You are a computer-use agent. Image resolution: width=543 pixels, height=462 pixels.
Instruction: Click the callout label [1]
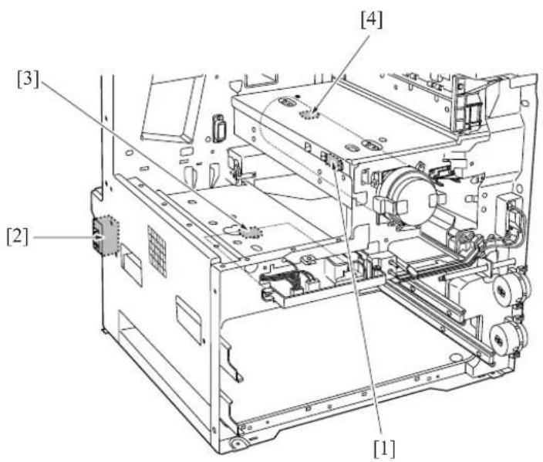384,449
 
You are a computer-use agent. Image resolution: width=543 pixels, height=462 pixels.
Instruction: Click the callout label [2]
18,236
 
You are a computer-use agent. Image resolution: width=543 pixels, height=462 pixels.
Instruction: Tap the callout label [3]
29,79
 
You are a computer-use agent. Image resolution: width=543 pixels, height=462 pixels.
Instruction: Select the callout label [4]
372,20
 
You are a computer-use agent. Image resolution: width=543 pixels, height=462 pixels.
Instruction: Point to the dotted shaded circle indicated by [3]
251,232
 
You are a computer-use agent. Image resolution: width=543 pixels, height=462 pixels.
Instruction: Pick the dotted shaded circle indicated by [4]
309,114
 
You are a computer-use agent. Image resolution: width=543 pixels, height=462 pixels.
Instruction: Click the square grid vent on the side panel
157,250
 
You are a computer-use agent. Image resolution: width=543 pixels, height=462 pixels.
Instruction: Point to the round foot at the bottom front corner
238,443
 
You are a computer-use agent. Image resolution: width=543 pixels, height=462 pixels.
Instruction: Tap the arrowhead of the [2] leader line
99,237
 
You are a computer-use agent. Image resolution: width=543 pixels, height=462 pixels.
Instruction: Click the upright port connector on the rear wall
219,127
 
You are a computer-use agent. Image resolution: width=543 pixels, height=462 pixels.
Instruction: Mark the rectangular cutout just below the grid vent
131,264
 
